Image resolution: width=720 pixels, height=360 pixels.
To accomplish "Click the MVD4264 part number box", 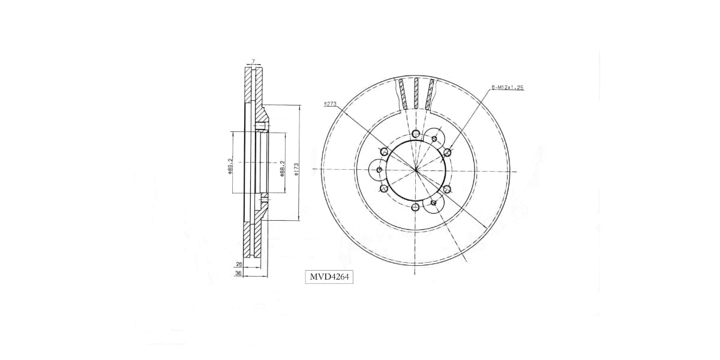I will [x=329, y=277].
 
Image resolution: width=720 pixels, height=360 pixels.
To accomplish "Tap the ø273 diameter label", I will [x=329, y=104].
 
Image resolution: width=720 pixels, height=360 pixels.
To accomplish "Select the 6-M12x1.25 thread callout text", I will [x=508, y=88].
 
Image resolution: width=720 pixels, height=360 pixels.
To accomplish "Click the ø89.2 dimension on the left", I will [x=230, y=166].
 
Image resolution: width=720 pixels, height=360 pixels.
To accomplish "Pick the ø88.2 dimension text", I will [x=281, y=167].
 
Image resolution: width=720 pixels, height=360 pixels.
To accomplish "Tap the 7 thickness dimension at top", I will [x=254, y=62].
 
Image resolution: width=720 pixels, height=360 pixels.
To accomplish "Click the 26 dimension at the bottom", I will [x=239, y=263].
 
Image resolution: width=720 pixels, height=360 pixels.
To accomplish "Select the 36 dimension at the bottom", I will [x=238, y=273].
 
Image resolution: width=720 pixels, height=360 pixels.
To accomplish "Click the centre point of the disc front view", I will [x=416, y=170].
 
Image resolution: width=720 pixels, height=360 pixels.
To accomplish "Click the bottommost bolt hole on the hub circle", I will [x=416, y=208].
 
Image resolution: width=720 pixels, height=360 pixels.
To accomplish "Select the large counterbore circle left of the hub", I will [x=379, y=170].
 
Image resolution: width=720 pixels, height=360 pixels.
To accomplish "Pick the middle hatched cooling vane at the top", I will [x=416, y=93].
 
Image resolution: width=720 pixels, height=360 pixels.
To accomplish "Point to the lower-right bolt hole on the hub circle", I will [x=448, y=189].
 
